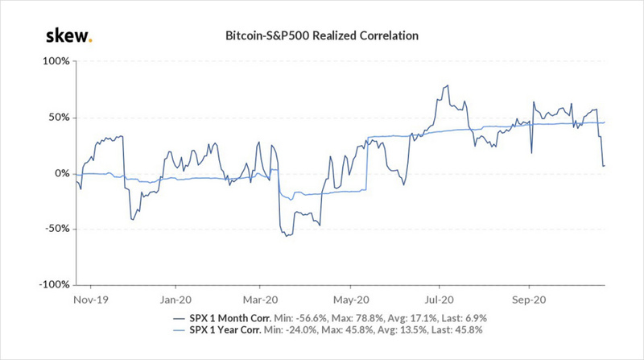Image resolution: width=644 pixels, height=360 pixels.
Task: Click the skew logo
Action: [x=68, y=36]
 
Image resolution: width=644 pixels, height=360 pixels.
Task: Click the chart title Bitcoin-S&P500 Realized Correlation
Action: [x=323, y=37]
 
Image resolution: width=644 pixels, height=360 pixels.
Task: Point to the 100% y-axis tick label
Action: [x=56, y=61]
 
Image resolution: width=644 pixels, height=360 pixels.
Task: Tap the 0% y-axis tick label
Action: [x=62, y=173]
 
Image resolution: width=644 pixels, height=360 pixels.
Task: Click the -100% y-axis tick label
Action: [x=55, y=284]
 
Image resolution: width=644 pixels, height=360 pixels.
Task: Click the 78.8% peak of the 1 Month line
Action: [x=445, y=85]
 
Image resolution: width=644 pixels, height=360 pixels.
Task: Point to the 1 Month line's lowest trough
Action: [x=283, y=236]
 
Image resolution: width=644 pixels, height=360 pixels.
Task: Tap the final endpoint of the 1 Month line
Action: [x=605, y=166]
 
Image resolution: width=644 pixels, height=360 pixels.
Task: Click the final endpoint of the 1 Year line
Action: [x=605, y=122]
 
